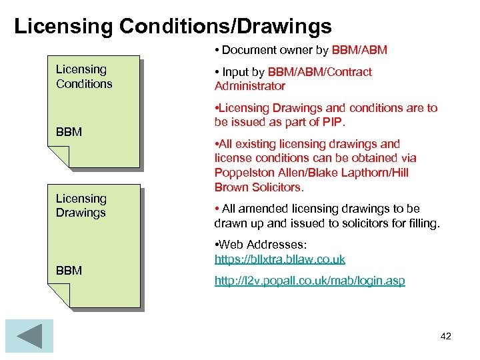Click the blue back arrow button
(x=29, y=335)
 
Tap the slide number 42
(x=446, y=336)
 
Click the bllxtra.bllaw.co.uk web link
(x=280, y=259)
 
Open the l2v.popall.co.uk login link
(x=309, y=281)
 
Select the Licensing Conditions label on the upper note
(x=84, y=76)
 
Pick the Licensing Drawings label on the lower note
(x=81, y=205)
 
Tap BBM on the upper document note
(x=69, y=132)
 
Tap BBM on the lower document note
(x=69, y=271)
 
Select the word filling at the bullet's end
(x=422, y=223)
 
